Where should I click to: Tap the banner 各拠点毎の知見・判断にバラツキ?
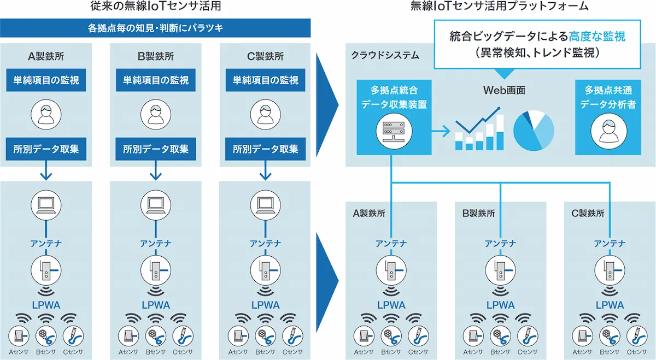click(x=155, y=27)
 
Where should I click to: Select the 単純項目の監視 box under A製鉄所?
click(x=46, y=80)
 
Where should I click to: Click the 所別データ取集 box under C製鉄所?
click(x=265, y=149)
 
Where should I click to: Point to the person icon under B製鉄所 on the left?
click(x=156, y=114)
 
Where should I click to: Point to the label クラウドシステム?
click(x=385, y=55)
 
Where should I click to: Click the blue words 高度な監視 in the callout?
click(x=597, y=37)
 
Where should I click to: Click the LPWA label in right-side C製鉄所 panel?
click(x=610, y=305)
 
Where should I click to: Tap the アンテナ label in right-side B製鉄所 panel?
click(x=500, y=244)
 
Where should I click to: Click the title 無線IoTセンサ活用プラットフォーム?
click(x=500, y=7)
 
